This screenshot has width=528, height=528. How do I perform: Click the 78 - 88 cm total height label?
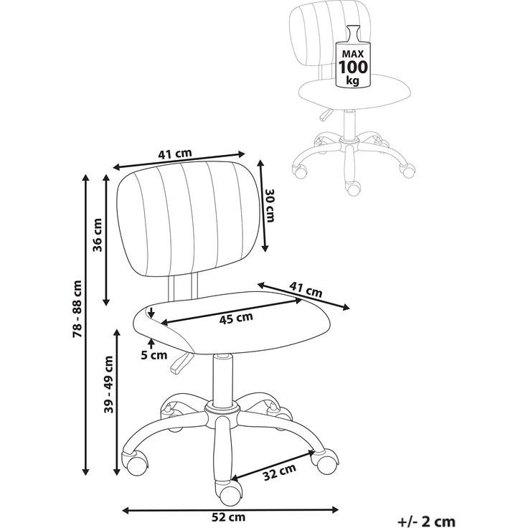click(77, 308)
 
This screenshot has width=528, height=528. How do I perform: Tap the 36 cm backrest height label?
click(98, 235)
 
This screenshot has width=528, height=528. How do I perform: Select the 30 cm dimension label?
click(270, 205)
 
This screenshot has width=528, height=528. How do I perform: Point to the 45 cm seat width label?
click(236, 319)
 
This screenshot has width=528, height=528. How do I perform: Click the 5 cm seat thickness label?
click(154, 355)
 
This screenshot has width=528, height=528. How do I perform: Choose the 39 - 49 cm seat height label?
click(109, 385)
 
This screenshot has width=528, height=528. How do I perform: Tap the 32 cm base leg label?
click(280, 472)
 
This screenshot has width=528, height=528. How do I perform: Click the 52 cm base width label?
click(228, 517)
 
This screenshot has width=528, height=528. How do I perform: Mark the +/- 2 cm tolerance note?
click(426, 522)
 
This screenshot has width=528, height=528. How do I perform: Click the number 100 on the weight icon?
click(353, 67)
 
